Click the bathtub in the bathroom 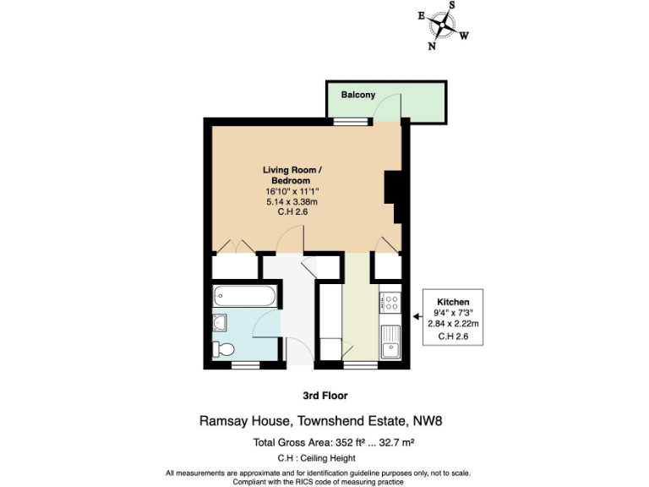click(244, 296)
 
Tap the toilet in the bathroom click(224, 348)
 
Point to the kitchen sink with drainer click(390, 342)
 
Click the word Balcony click(358, 95)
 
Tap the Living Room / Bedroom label click(291, 176)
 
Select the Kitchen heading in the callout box click(453, 302)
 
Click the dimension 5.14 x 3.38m click(291, 202)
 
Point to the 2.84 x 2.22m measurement click(453, 324)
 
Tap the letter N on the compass click(432, 47)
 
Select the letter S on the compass click(451, 5)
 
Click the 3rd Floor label click(324, 395)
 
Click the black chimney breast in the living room click(392, 187)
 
